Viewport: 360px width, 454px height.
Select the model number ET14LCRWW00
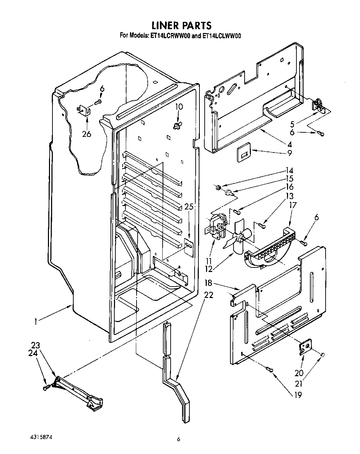click(x=169, y=35)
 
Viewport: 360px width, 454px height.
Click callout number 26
click(x=87, y=134)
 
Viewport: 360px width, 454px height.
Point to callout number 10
click(x=179, y=107)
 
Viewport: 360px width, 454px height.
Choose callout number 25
click(x=189, y=207)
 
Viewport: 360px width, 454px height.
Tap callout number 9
click(x=289, y=152)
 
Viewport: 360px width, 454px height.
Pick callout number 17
click(x=293, y=205)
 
